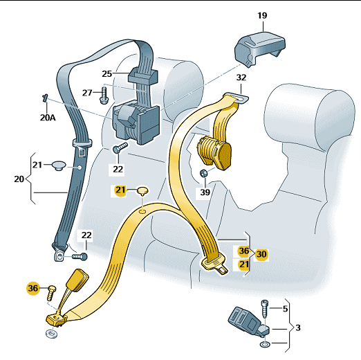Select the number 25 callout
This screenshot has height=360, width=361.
tap(107, 73)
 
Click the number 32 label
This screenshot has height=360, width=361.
tap(241, 78)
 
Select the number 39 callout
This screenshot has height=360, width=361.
tap(205, 192)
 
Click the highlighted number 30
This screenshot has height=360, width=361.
tap(261, 253)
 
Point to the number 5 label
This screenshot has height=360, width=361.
tap(285, 309)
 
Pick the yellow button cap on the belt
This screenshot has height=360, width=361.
tap(142, 191)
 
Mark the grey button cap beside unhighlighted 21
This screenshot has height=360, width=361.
tap(59, 165)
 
